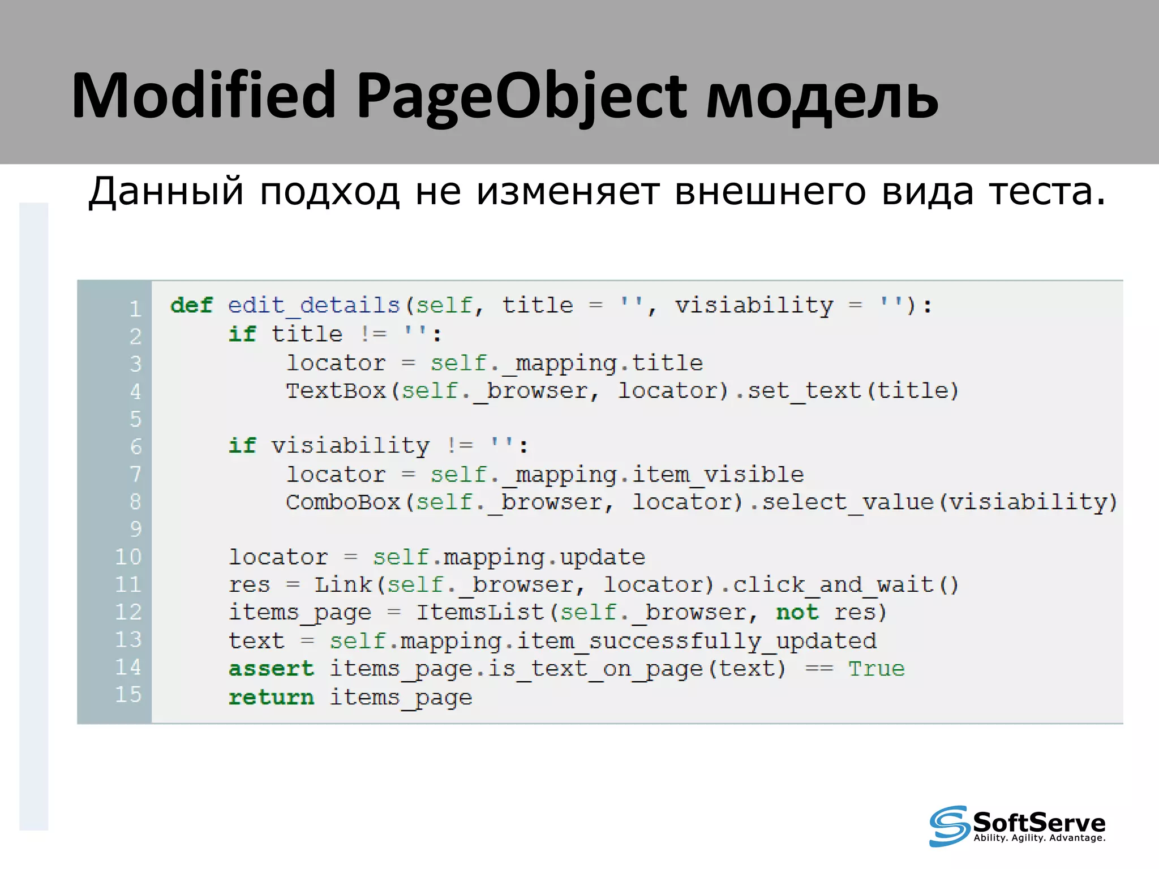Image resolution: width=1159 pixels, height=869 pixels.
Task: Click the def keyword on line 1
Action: (192, 306)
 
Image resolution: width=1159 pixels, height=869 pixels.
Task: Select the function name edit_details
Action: (314, 306)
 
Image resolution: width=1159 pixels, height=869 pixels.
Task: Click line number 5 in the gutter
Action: (135, 419)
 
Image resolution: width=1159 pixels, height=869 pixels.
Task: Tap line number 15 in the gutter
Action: (128, 694)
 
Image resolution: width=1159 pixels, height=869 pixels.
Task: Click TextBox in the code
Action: (336, 391)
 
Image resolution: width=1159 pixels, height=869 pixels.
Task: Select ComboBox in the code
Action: (343, 502)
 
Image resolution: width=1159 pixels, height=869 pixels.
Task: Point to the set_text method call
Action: (805, 391)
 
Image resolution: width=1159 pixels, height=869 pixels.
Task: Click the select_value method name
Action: (847, 502)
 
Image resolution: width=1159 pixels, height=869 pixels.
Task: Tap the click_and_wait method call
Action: (833, 585)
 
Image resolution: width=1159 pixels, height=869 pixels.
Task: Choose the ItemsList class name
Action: (480, 613)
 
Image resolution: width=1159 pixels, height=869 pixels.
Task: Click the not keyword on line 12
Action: (797, 612)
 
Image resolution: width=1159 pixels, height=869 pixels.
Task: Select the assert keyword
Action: (271, 669)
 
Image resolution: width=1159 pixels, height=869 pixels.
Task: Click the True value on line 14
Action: (876, 669)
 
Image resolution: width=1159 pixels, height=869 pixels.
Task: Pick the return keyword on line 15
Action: (271, 697)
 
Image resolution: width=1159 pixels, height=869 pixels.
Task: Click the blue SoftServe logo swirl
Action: (948, 825)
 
